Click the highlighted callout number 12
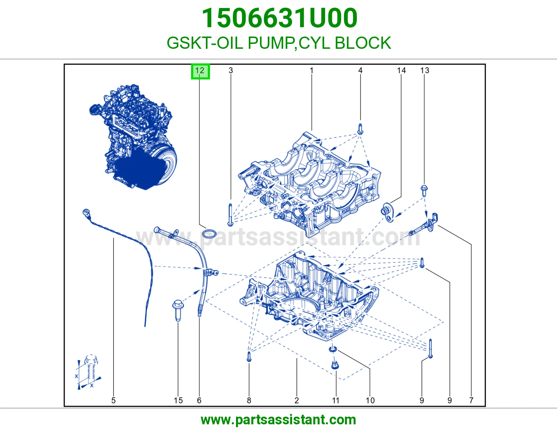(x=200, y=71)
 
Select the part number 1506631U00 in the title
(x=280, y=18)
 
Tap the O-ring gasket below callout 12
(x=209, y=234)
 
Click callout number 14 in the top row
(x=401, y=70)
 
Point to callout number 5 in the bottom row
(x=113, y=400)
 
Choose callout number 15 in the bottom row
(x=178, y=400)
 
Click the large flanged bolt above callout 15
(x=178, y=310)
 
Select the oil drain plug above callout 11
(x=335, y=365)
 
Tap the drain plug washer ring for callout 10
(x=333, y=349)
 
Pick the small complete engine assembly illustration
(x=133, y=137)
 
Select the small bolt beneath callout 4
(x=360, y=129)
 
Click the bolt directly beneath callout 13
(x=424, y=191)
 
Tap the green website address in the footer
(x=278, y=420)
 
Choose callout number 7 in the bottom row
(x=471, y=400)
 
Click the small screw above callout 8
(x=249, y=357)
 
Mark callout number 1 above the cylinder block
(x=312, y=70)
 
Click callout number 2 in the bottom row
(x=297, y=400)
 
